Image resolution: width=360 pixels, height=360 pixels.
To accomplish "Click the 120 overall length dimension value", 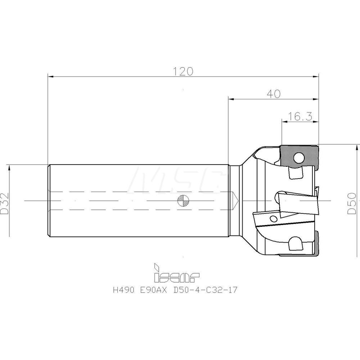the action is (183, 71).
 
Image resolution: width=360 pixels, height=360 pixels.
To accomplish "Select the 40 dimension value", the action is (274, 94).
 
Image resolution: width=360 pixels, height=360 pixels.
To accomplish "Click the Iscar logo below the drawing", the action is (176, 273).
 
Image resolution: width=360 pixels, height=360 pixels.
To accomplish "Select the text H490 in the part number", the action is (123, 290).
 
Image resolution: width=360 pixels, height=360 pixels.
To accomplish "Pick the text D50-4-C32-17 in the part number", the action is (205, 290).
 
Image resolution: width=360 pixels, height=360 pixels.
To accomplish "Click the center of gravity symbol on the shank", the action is (183, 201).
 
